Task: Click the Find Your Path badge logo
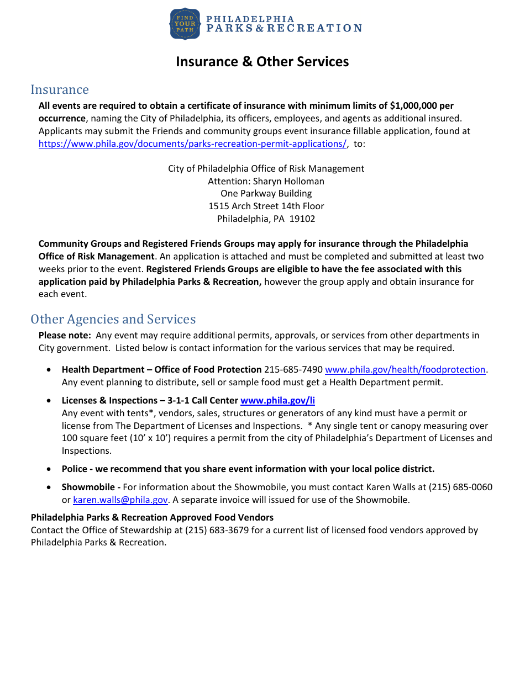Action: [x=185, y=24]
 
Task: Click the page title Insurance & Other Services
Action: [x=262, y=61]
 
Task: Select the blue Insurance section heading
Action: [x=60, y=89]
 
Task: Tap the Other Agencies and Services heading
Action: [x=113, y=319]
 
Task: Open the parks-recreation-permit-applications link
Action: [x=192, y=144]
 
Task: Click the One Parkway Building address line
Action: [x=266, y=193]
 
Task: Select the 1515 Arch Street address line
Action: [x=266, y=206]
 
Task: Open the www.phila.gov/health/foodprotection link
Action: [x=405, y=369]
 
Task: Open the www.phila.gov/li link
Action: [x=277, y=400]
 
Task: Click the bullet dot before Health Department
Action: [x=51, y=370]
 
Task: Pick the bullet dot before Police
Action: [x=51, y=469]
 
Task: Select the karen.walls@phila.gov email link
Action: [x=120, y=500]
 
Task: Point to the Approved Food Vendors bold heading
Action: [x=152, y=517]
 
